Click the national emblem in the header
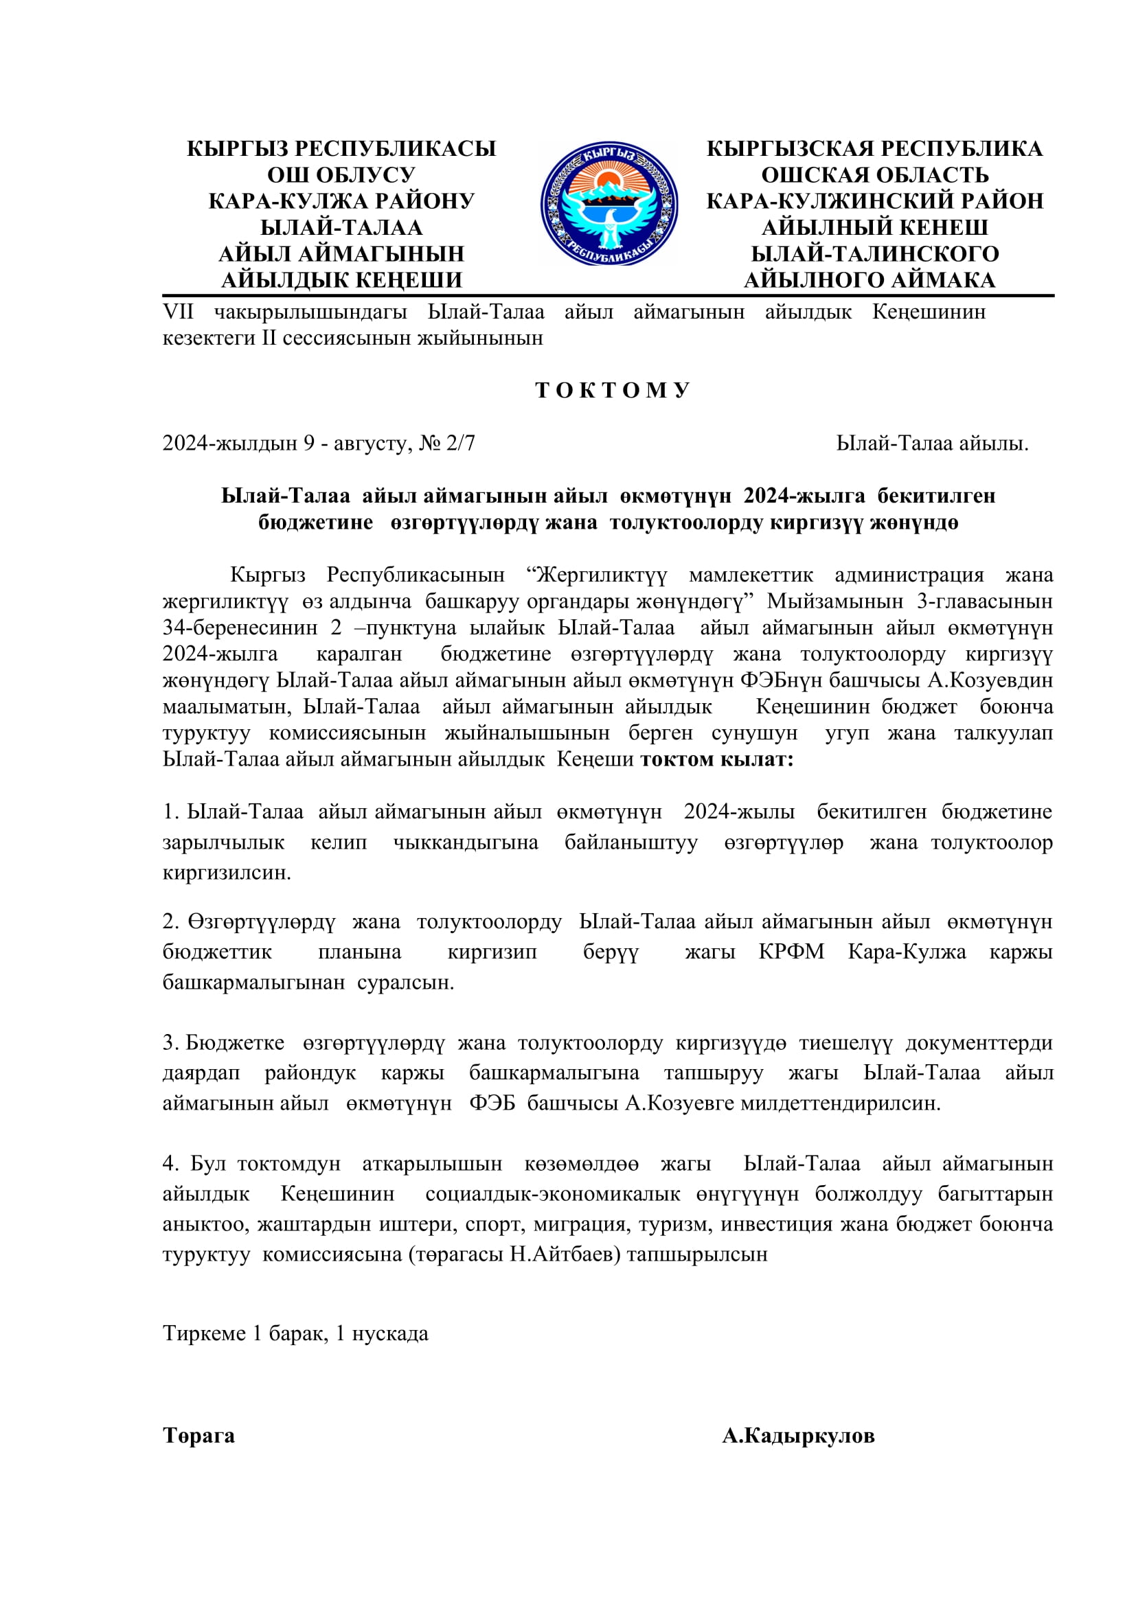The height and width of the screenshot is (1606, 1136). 609,203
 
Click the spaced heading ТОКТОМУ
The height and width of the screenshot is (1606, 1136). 613,390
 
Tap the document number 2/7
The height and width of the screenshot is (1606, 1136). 460,443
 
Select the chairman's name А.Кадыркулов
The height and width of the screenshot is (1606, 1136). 798,1436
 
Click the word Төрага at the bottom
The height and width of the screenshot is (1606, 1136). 198,1436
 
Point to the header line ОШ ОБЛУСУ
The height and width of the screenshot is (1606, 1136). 341,174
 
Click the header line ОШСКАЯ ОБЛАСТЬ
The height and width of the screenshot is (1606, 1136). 874,174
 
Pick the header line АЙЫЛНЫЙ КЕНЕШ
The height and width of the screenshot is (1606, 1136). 874,227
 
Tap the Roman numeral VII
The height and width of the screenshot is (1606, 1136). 179,311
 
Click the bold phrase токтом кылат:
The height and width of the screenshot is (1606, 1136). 717,759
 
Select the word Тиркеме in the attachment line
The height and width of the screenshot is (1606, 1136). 204,1333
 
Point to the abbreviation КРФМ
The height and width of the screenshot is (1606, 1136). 791,951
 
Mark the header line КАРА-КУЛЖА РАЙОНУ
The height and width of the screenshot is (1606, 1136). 341,200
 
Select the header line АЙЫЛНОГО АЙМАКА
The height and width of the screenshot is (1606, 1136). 870,279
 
